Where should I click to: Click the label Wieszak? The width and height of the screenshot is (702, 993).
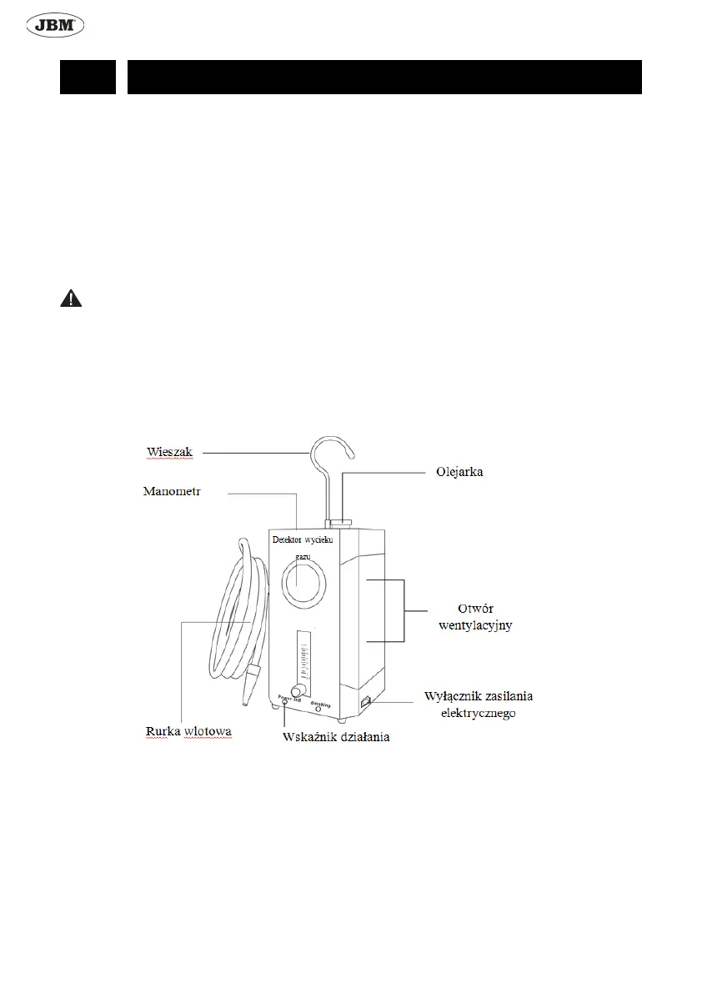coord(170,452)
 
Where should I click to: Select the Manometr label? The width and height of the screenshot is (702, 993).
coord(173,492)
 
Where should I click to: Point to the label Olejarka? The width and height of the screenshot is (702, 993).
coord(459,472)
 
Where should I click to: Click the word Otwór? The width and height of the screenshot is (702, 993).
coord(474,609)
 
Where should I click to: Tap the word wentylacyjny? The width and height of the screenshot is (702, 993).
coord(475,625)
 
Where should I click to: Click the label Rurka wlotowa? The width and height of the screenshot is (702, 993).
coord(184,731)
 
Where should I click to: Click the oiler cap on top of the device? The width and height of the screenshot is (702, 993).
coord(340,524)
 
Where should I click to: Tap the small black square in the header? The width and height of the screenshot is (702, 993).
coord(88,77)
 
